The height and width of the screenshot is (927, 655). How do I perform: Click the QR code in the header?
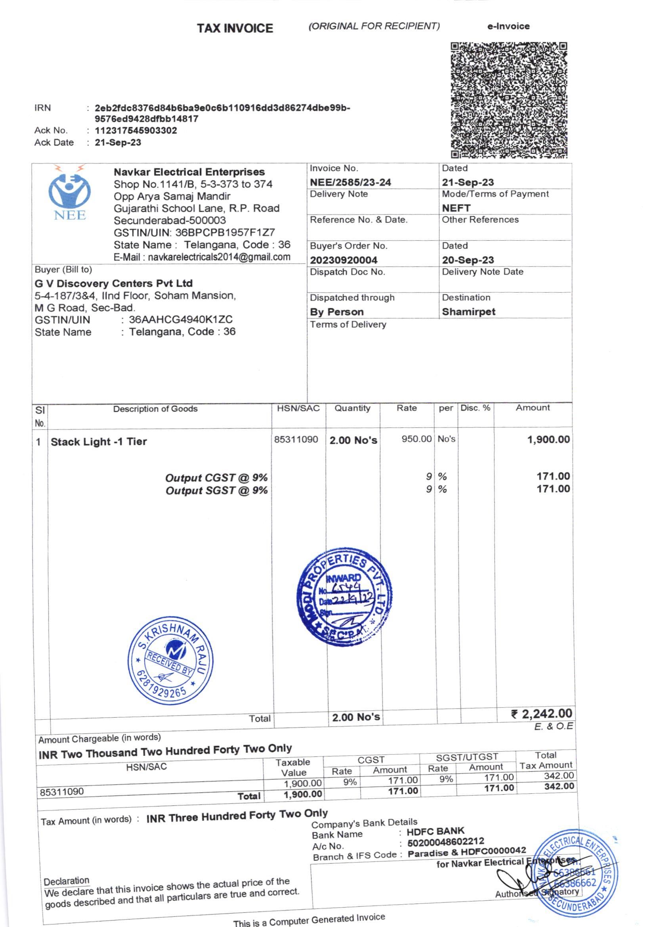tap(508, 100)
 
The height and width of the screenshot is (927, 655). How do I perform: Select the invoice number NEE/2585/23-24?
tap(350, 182)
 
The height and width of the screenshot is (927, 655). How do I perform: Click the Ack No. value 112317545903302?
tap(136, 130)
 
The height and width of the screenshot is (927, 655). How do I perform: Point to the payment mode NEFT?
tap(456, 208)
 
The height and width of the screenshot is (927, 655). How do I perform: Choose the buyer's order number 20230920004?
tap(344, 260)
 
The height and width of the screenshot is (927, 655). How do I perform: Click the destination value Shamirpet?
tap(468, 312)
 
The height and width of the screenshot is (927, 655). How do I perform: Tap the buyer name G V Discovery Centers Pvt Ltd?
tap(113, 283)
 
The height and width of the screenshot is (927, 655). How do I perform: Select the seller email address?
tap(219, 257)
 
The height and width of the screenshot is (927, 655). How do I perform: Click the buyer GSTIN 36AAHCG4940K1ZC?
tap(180, 320)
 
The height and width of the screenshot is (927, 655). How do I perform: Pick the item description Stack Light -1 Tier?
tap(99, 442)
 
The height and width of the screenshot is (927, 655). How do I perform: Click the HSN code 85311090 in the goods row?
tap(296, 439)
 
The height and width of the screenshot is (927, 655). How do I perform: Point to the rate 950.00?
tap(416, 439)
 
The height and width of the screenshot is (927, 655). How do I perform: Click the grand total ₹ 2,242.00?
tap(541, 714)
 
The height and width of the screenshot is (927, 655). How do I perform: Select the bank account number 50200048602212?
tap(445, 842)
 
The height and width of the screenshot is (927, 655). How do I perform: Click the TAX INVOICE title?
tap(235, 28)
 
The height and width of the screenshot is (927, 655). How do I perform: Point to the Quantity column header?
tap(352, 408)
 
